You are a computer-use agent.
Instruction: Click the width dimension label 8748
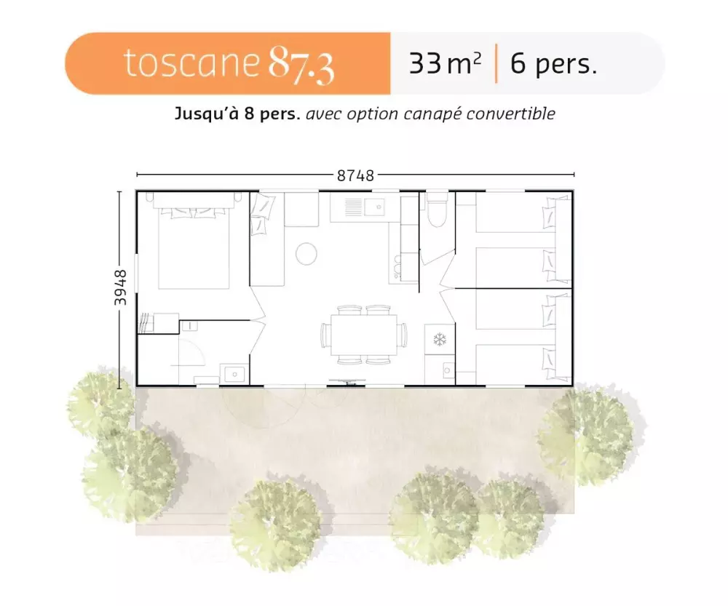355,175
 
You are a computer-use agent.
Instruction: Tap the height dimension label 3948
121,288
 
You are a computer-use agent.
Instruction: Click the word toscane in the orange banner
191,63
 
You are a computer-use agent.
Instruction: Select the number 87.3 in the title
301,65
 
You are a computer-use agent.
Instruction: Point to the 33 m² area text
445,64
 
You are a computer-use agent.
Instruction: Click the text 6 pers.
553,64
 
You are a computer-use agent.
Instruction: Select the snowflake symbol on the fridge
440,339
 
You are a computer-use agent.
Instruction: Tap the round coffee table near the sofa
306,253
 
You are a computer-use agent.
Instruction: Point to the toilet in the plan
437,212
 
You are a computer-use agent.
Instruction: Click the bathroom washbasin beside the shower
234,374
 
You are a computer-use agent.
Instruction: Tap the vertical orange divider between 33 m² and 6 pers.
496,64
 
